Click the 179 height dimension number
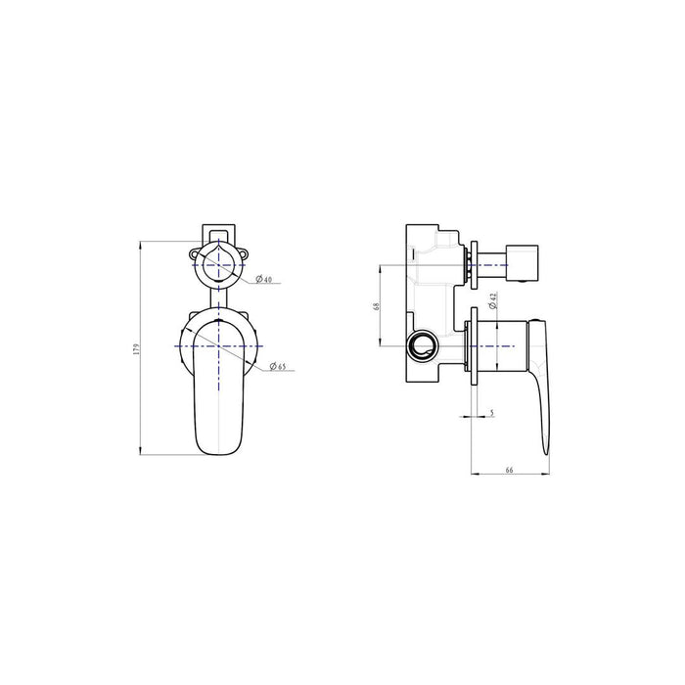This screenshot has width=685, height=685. coord(138,347)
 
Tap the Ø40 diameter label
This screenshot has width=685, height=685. coord(263,282)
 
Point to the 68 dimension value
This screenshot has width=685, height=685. coord(376,306)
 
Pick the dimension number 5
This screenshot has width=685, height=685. coord(491,414)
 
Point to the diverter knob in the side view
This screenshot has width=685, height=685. coord(517,264)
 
